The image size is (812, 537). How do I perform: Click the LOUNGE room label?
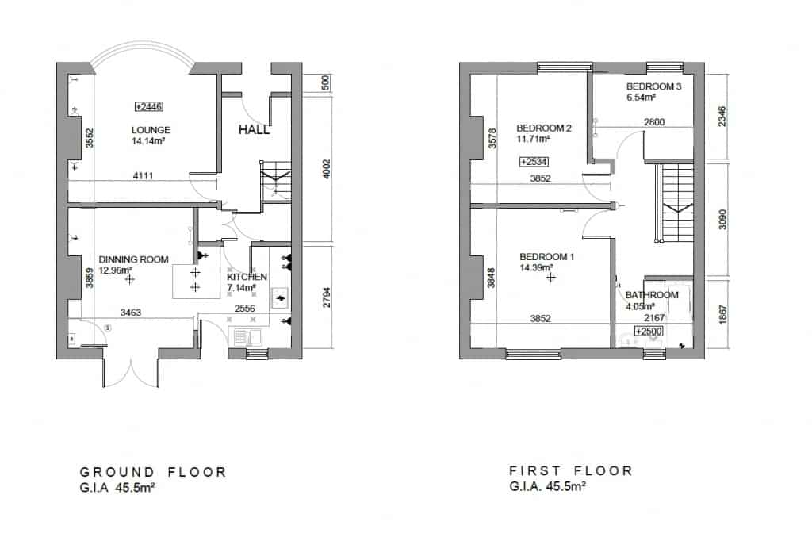(x=151, y=130)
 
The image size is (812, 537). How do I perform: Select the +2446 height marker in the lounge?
(x=148, y=106)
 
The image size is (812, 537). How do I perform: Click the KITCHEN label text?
(x=246, y=277)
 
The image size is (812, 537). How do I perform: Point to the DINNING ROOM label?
(x=134, y=259)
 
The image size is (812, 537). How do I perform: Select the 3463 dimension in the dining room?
(x=130, y=313)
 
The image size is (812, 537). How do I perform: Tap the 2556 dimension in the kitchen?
(x=244, y=309)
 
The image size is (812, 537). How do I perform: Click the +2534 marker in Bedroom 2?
(x=534, y=162)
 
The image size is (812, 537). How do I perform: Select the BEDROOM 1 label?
(x=547, y=257)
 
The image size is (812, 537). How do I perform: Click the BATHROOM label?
(x=652, y=295)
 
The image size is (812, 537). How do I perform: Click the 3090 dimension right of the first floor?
(x=721, y=220)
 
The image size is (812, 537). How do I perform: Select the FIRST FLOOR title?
(x=570, y=470)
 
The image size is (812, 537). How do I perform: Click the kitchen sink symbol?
(x=244, y=337)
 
